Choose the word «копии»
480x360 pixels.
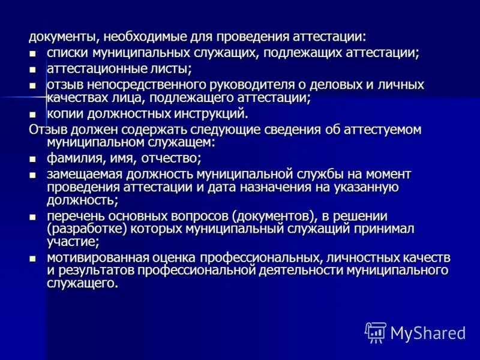pos(67,113)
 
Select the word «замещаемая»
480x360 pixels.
pos(84,175)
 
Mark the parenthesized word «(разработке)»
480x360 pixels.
pos(86,229)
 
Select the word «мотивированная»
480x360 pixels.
pos(98,258)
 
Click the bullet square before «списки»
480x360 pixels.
pos(34,54)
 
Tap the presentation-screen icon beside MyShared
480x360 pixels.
pos(376,332)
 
